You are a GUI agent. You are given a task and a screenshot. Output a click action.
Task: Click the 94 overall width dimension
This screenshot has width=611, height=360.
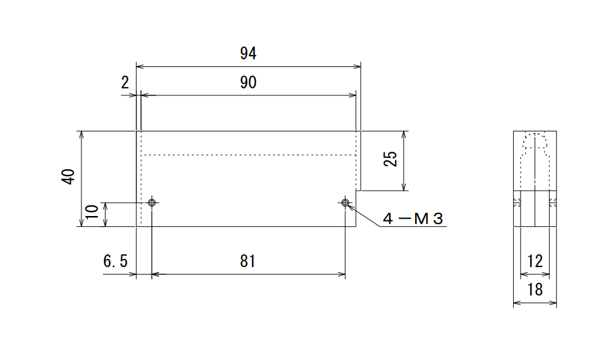[x=248, y=54]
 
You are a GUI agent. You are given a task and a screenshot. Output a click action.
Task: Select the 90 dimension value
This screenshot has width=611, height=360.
[x=248, y=83]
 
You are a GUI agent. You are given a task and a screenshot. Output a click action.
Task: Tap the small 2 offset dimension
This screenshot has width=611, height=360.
[x=124, y=83]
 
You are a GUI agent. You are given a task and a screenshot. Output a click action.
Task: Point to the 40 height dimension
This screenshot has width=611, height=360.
[x=68, y=176]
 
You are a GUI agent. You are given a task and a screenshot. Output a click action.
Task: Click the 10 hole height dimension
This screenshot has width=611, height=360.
[x=92, y=212]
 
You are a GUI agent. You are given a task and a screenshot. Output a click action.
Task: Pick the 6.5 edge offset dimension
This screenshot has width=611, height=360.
[x=116, y=261]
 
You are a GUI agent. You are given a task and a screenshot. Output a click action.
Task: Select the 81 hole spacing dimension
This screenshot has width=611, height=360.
[x=248, y=261]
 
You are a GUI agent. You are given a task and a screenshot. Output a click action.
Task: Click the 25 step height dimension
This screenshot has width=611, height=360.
[x=390, y=159]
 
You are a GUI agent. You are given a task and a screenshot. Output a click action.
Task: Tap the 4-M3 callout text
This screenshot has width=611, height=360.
[x=413, y=219]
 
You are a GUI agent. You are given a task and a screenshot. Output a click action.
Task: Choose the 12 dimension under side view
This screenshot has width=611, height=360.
[x=535, y=261]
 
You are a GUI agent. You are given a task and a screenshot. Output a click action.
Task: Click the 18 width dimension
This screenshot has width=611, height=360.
[x=535, y=290]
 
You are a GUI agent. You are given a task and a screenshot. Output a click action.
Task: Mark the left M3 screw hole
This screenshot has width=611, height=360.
[x=152, y=203]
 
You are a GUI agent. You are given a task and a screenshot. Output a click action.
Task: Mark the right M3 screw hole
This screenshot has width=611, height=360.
[x=345, y=203]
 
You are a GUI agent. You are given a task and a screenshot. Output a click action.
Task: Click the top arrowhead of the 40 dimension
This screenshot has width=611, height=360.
[x=82, y=135]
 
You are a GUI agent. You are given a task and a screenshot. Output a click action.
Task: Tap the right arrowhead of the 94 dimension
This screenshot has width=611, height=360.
[x=358, y=66]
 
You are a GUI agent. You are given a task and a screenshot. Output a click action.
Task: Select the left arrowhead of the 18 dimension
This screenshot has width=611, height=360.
[x=517, y=303]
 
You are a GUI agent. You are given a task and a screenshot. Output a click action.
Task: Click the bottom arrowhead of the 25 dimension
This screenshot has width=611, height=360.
[x=404, y=187]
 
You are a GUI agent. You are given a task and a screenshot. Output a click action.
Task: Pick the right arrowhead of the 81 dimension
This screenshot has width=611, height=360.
[x=342, y=274]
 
